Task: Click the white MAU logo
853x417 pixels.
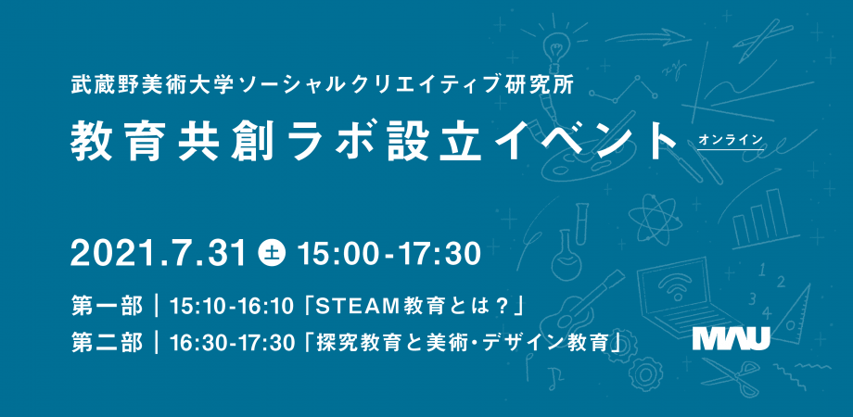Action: point(732,338)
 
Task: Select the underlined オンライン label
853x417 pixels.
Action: point(731,140)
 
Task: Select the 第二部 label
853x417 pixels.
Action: point(108,343)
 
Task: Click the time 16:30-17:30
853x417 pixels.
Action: point(233,343)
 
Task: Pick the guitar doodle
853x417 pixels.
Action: point(578,306)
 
